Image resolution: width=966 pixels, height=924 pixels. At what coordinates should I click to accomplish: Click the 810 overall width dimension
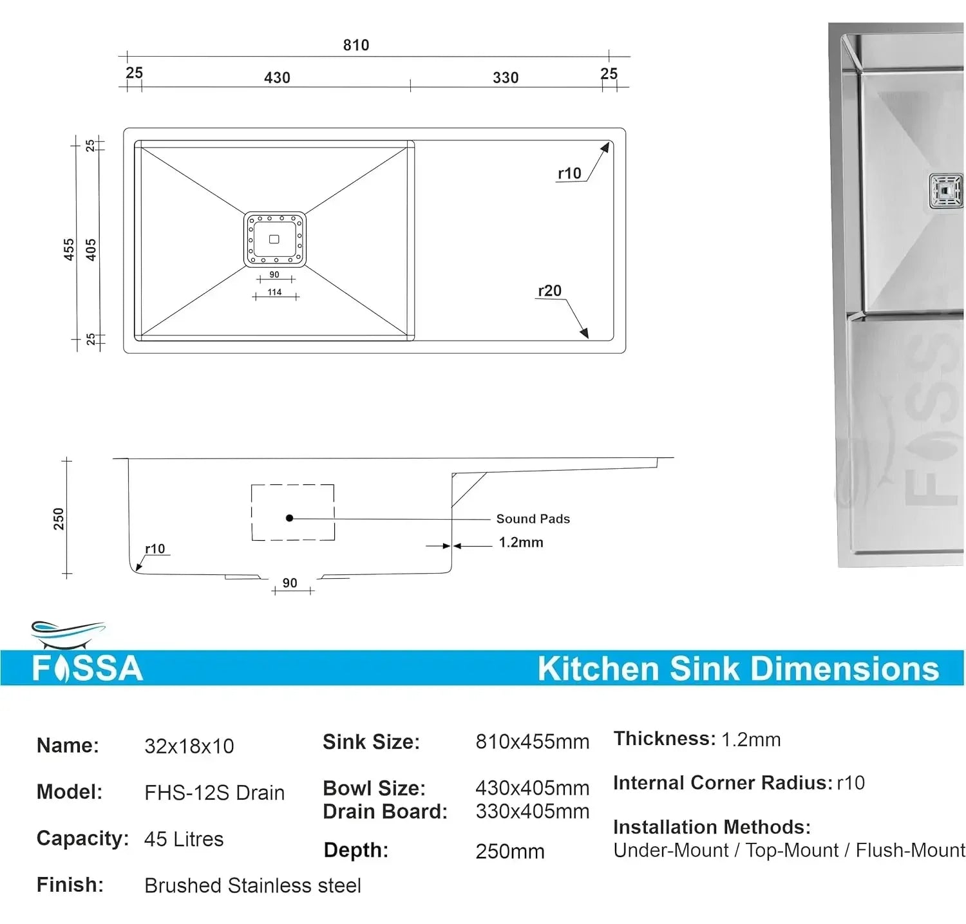tap(355, 45)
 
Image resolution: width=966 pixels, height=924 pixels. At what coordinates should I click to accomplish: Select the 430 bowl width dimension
tap(277, 78)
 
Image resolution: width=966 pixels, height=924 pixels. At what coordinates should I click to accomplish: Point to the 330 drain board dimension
tap(506, 78)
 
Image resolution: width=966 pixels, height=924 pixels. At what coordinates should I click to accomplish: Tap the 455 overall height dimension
tap(69, 249)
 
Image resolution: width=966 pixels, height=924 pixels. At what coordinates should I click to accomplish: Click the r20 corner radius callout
tap(549, 291)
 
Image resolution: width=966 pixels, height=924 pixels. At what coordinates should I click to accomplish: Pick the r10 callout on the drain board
tap(569, 173)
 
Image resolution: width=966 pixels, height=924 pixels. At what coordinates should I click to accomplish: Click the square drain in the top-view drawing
tap(274, 239)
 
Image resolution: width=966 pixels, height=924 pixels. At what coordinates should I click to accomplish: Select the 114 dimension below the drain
tap(275, 292)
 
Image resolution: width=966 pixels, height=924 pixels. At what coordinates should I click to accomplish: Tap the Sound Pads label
tap(533, 519)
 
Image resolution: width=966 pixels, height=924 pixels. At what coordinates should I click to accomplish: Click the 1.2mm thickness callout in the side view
tap(521, 543)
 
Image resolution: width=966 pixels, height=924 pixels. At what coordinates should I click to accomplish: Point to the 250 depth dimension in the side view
tap(59, 518)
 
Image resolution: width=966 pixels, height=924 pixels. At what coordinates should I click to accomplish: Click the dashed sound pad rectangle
tap(293, 513)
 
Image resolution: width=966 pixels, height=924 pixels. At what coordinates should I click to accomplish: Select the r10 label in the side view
tap(155, 549)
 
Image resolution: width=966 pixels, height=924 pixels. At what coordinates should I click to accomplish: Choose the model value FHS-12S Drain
tap(214, 793)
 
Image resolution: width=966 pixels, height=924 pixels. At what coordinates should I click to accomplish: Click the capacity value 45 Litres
tap(184, 839)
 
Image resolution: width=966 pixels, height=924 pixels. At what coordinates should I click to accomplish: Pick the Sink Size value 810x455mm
tap(532, 742)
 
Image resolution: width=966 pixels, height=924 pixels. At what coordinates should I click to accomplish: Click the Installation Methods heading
tap(712, 827)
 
